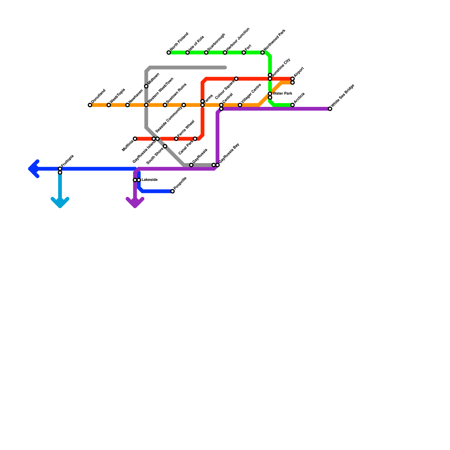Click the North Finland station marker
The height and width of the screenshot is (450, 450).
click(x=169, y=53)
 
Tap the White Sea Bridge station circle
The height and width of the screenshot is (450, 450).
click(x=330, y=109)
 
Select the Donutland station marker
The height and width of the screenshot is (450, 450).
click(x=90, y=105)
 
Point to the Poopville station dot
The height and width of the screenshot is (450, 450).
click(x=172, y=191)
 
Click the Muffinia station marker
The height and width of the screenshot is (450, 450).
click(x=135, y=139)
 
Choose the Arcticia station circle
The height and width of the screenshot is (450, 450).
click(x=292, y=105)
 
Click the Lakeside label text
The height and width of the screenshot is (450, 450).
click(x=149, y=180)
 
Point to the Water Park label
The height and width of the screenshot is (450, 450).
click(x=282, y=94)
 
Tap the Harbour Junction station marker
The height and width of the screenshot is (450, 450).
click(x=225, y=53)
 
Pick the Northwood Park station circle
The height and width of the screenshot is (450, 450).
click(x=262, y=53)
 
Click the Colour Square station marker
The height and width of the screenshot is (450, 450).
click(x=236, y=79)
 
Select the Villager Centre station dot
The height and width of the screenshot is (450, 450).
click(x=240, y=105)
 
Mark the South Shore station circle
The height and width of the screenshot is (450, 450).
click(x=165, y=146)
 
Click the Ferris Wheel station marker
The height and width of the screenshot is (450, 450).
click(x=176, y=139)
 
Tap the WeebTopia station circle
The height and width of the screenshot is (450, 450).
click(x=109, y=105)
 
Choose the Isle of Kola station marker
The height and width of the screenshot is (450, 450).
click(x=188, y=53)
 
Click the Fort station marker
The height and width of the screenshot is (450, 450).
click(x=244, y=53)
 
